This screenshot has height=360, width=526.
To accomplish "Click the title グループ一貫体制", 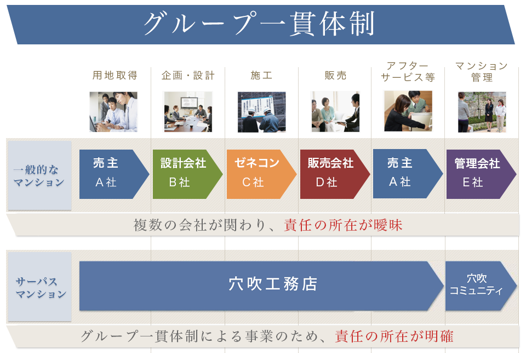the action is [x=259, y=24].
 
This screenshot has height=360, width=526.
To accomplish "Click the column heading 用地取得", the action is [x=115, y=75].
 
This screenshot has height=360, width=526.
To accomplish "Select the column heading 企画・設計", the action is [x=188, y=75].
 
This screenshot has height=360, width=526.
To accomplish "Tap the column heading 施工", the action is [x=261, y=75].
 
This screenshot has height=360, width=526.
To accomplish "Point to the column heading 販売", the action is [x=335, y=75].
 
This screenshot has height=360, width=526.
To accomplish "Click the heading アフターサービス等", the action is [x=408, y=71].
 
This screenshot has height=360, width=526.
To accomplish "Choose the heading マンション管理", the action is [x=482, y=71].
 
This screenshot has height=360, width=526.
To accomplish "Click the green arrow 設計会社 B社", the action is [x=187, y=174].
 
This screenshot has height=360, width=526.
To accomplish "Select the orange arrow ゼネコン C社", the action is [x=261, y=174].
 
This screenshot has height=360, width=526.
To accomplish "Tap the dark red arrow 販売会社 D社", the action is [x=335, y=174].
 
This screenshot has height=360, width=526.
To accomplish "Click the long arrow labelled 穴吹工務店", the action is [x=262, y=286].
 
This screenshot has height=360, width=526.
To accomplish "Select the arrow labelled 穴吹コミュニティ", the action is [x=481, y=286].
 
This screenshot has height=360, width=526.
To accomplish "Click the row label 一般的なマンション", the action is [x=39, y=176].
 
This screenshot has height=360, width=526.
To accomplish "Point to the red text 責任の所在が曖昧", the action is [x=343, y=225].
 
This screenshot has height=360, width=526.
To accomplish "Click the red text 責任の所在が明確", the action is [x=394, y=336].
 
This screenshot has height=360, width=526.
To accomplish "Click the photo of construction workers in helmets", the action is [x=262, y=112].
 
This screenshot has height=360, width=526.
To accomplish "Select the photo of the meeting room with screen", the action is [x=188, y=112].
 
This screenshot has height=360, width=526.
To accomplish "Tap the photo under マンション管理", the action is [x=482, y=112].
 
